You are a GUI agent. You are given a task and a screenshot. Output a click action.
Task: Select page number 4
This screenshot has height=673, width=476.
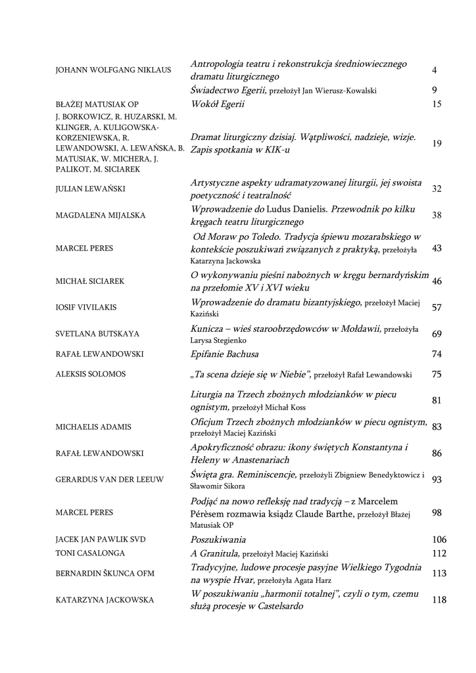pos(435,70)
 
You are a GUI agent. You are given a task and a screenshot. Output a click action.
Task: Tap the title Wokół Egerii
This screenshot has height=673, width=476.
pos(217,104)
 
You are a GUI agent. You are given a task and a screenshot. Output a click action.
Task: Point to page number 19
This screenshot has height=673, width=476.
pos(437,144)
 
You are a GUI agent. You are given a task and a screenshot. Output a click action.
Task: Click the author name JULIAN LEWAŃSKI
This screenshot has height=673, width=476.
pos(90,189)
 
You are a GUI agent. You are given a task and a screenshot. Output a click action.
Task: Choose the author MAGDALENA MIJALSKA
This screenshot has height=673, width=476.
pos(101,216)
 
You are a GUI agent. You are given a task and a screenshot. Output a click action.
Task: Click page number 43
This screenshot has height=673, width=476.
pos(437,248)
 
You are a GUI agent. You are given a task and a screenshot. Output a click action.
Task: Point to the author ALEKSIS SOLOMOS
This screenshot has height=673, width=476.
pos(91,374)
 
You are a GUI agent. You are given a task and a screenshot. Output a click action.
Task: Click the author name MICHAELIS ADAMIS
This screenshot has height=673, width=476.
pos(93,427)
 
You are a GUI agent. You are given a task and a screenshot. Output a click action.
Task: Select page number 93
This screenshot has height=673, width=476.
pos(437,480)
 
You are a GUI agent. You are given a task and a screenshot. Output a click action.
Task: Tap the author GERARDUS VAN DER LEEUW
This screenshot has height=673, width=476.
pos(109,480)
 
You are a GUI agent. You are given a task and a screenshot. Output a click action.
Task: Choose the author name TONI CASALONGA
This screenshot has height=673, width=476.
pos(90,553)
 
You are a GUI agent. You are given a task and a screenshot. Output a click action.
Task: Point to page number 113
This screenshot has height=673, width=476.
pos(439,574)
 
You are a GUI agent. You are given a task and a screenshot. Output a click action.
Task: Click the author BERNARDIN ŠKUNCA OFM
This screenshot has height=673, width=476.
pos(105,574)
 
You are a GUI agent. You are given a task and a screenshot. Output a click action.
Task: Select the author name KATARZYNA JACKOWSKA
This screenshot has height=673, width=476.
pos(105,600)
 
